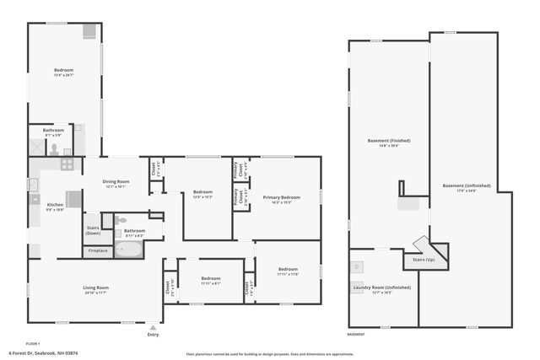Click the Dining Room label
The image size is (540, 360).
click(x=116, y=182)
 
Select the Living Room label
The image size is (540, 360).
click(x=94, y=289)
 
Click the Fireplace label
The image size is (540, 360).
click(x=98, y=250)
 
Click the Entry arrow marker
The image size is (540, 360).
click(x=153, y=327)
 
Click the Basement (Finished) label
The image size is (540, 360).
click(x=388, y=141)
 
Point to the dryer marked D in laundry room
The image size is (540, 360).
click(x=358, y=266)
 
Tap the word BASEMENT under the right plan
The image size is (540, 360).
click(x=356, y=334)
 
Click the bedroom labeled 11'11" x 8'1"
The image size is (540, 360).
click(x=210, y=280)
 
